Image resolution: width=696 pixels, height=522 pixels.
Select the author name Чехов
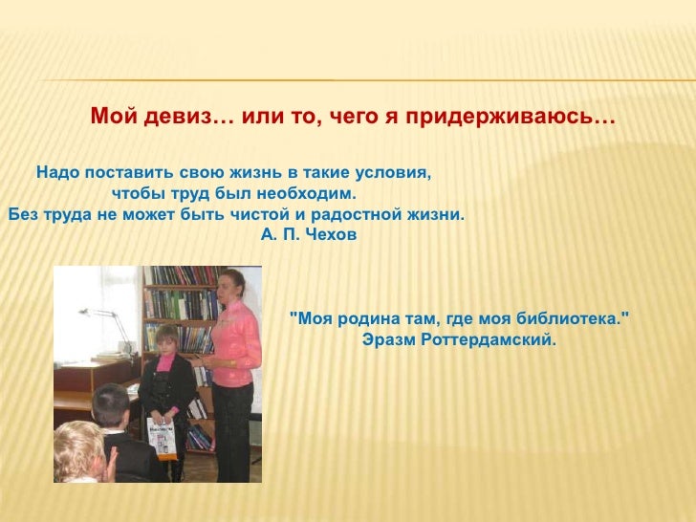tap(332, 234)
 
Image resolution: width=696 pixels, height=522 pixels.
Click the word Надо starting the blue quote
tap(58, 172)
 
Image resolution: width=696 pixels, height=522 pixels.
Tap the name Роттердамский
tap(489, 340)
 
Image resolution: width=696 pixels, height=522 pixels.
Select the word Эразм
tap(389, 340)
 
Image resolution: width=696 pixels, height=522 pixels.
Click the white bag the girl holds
tap(162, 437)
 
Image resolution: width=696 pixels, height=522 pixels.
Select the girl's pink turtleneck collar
tap(164, 362)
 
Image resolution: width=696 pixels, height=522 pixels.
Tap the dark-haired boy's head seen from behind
tap(111, 404)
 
